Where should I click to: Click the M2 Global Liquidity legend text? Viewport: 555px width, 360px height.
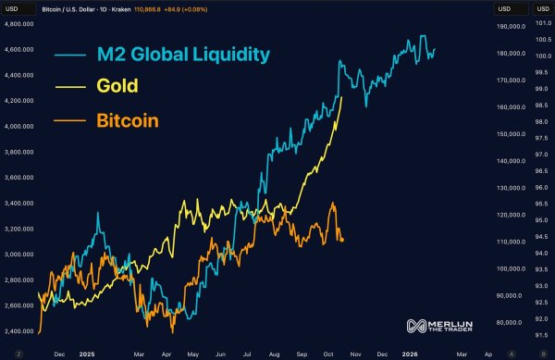184,54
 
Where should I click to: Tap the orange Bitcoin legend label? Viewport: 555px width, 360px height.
128,120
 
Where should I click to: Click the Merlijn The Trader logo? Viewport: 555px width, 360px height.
440,326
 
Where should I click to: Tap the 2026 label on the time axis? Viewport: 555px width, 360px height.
408,353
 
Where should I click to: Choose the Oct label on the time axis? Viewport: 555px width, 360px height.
328,353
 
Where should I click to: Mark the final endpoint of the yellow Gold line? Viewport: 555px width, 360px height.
342,96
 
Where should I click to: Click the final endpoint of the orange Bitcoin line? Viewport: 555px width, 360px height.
344,241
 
